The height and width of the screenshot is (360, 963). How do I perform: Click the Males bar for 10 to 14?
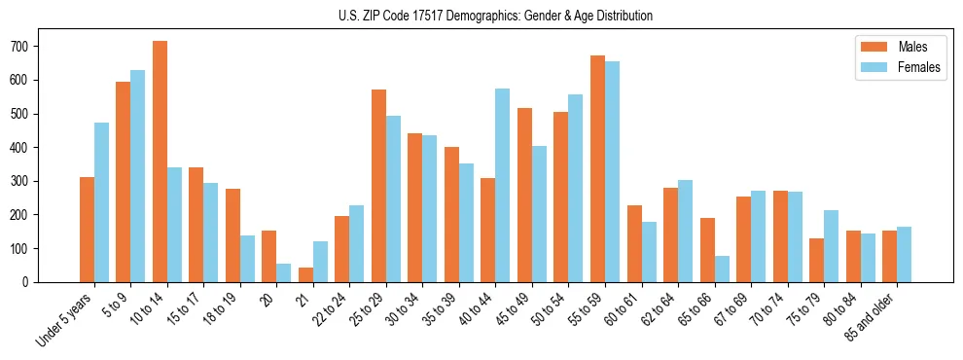click(x=160, y=162)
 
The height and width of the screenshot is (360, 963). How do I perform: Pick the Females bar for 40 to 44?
click(x=503, y=185)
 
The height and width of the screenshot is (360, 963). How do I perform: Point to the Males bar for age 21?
click(x=305, y=274)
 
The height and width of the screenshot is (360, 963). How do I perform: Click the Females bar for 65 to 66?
click(x=722, y=269)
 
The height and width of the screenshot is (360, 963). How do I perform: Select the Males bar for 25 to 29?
click(x=378, y=186)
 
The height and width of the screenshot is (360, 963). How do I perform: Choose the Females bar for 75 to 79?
click(x=831, y=246)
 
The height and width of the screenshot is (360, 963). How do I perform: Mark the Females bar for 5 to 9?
click(x=138, y=176)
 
